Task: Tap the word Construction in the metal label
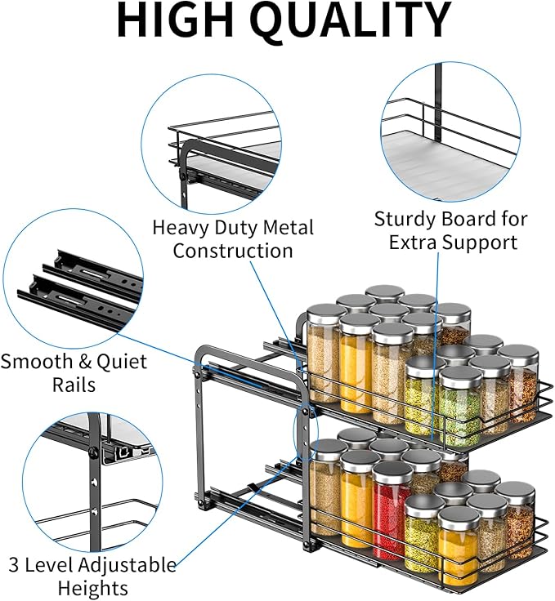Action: pos(233,251)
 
